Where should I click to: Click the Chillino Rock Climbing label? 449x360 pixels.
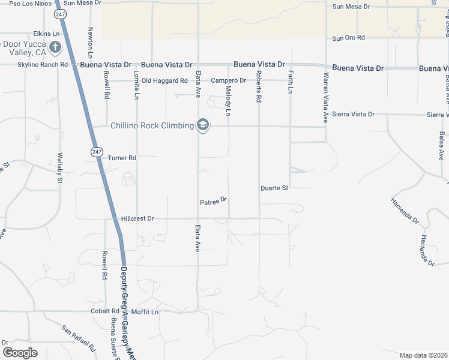point(152,125)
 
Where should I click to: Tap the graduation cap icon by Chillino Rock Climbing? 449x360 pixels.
point(203,125)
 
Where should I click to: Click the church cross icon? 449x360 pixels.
point(55,47)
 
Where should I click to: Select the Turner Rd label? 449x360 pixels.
point(122,158)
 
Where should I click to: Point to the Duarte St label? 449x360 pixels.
point(275,188)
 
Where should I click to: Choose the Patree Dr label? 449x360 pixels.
point(213,202)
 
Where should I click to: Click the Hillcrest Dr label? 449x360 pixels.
point(137,219)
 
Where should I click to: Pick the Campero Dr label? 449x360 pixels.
point(228,80)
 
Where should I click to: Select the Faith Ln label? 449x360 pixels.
point(291,82)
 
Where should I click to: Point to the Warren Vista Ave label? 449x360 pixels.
point(326,98)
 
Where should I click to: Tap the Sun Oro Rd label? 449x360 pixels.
point(349,38)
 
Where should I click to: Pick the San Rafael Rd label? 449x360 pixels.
point(79,338)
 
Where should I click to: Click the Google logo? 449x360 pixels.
point(20,352)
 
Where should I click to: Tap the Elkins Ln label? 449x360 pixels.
point(47,34)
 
